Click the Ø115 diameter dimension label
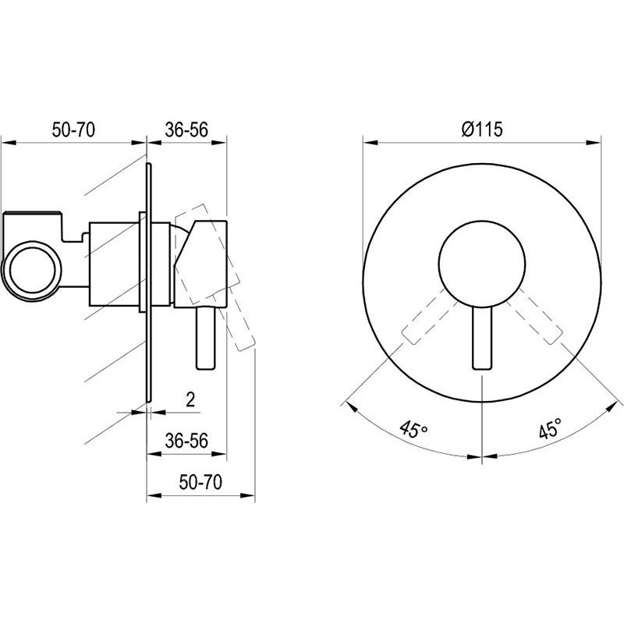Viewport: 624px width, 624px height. tap(482, 129)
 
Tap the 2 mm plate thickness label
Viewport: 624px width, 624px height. tap(190, 399)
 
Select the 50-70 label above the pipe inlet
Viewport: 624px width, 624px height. tap(73, 129)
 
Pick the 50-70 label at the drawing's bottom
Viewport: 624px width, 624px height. tap(200, 482)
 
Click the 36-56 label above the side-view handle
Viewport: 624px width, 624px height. tap(186, 129)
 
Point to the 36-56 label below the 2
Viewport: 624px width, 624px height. tap(186, 441)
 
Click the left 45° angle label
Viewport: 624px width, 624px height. tap(414, 430)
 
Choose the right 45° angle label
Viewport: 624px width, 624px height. tap(551, 428)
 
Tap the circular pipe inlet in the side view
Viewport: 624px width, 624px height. tap(32, 271)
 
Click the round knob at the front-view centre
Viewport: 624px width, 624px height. tap(482, 264)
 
